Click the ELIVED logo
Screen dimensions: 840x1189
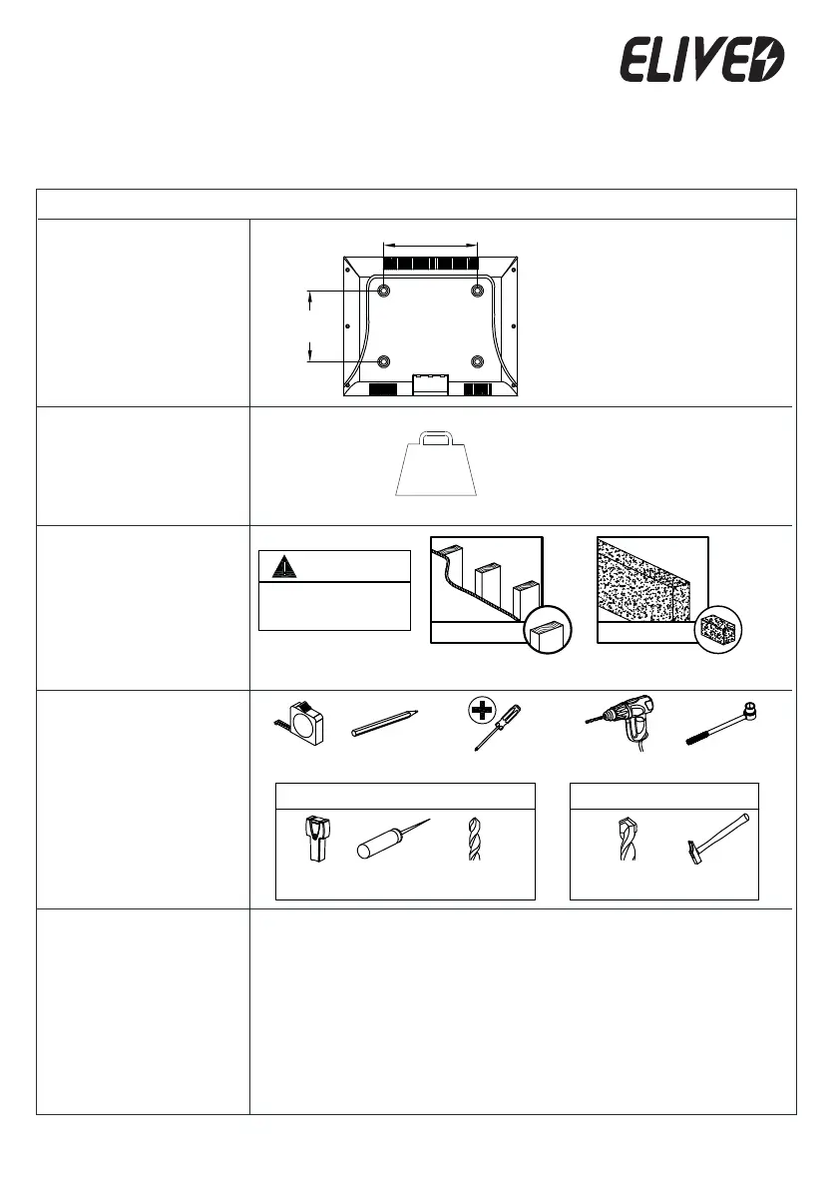click(x=703, y=61)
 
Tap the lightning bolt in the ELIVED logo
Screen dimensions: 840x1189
click(x=769, y=61)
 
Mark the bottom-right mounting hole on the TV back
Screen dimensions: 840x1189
click(x=477, y=360)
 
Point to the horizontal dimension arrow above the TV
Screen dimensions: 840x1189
click(x=431, y=242)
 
